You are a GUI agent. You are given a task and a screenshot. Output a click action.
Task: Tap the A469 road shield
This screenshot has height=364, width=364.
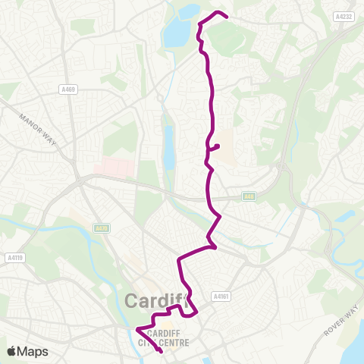[x=66, y=89]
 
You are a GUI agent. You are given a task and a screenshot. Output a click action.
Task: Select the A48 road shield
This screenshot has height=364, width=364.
[x=249, y=196]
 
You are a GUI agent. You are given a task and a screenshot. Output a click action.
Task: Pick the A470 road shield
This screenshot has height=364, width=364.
[x=101, y=227]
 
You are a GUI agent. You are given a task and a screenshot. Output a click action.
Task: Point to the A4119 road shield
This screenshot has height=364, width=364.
[x=14, y=257]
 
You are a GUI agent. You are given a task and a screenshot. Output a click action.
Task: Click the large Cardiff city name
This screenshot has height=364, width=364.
[x=155, y=302]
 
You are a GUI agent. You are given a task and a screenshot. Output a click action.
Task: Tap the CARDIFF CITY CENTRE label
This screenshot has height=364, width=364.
[x=168, y=337]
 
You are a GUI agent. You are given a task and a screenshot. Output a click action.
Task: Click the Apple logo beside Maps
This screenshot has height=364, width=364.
[x=13, y=351]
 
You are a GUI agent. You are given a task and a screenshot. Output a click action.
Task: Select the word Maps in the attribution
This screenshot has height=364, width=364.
[x=33, y=351]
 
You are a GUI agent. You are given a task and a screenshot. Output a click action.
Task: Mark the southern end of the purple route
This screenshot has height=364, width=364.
[x=161, y=351]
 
